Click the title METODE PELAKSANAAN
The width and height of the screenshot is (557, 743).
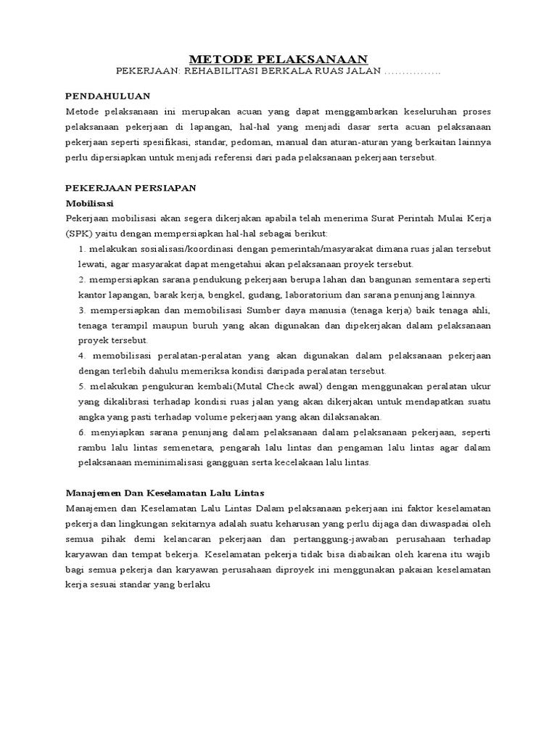(x=278, y=59)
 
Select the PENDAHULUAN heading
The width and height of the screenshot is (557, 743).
(x=107, y=95)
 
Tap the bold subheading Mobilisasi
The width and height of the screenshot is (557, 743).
(x=90, y=203)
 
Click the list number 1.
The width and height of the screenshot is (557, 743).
(x=80, y=249)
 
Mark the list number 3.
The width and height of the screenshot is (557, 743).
(x=81, y=310)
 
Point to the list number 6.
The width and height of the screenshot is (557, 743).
(x=81, y=432)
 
